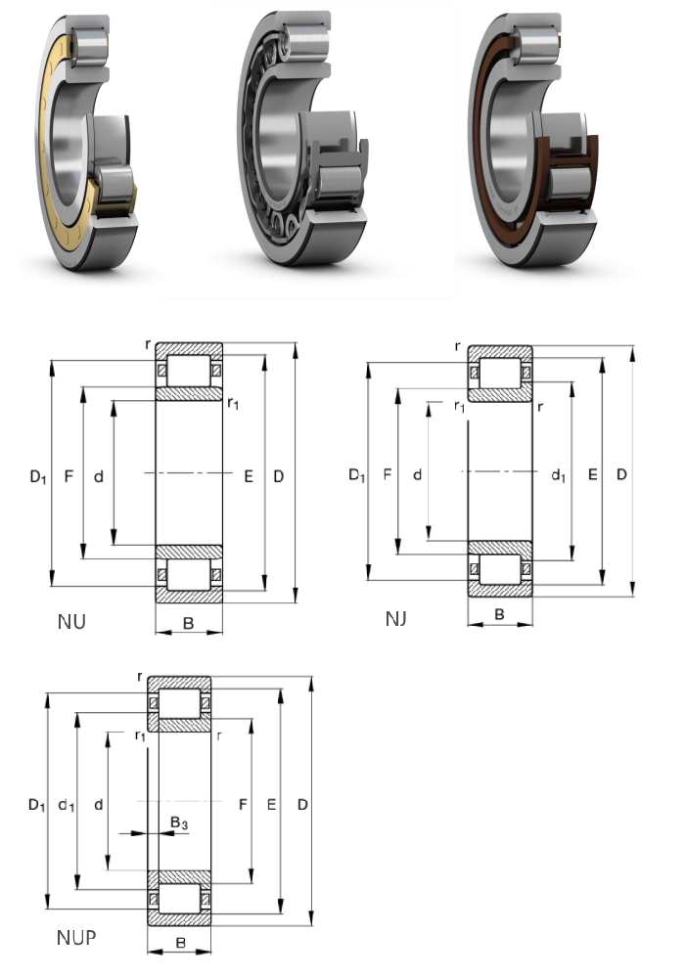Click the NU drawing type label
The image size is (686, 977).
[x=72, y=619]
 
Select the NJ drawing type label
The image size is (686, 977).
[x=395, y=619]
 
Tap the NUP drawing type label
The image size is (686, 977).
[x=75, y=938]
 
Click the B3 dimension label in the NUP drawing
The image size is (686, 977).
[x=178, y=824]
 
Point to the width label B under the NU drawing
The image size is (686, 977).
[x=188, y=622]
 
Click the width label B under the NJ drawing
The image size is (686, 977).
[x=499, y=614]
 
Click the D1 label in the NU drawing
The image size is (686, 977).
[x=37, y=477]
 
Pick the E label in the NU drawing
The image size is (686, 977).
[x=248, y=477]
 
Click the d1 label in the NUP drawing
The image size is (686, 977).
[x=66, y=805]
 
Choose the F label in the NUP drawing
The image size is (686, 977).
[x=241, y=805]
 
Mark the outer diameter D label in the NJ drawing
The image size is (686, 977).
[x=621, y=475]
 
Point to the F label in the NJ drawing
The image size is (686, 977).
[x=388, y=475]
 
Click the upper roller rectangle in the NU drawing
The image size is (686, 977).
[x=188, y=372]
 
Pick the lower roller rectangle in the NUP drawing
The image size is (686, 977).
[x=178, y=898]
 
